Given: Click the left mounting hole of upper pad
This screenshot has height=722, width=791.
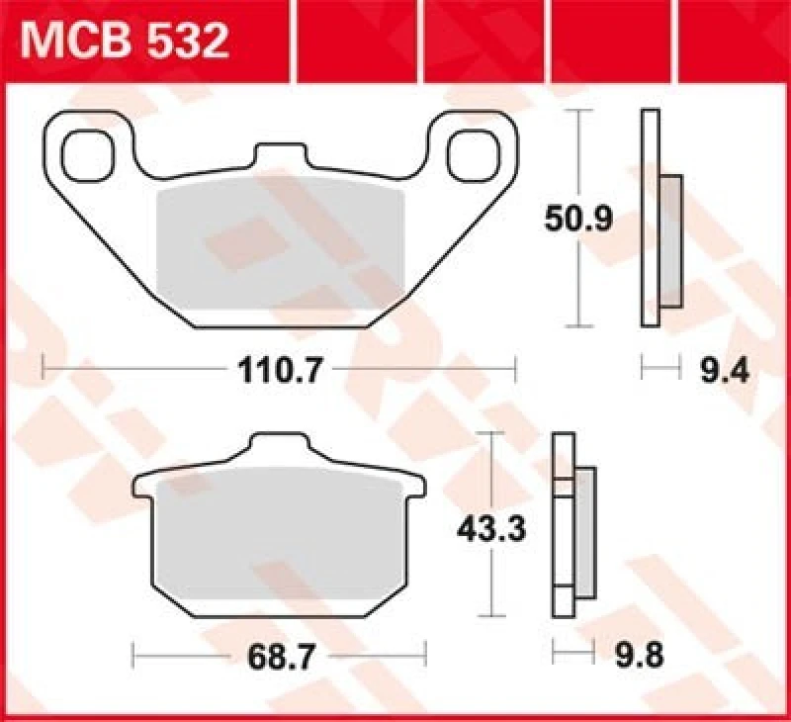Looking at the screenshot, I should (86, 153).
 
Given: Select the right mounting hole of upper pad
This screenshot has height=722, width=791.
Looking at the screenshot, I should (473, 152).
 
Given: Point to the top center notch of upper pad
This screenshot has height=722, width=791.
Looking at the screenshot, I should (280, 156).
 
